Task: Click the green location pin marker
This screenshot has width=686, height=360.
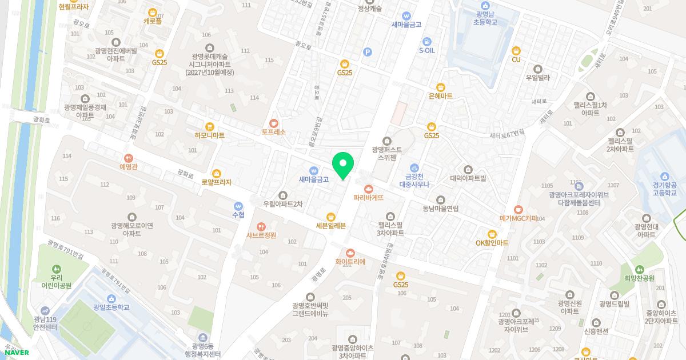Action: coord(343,165)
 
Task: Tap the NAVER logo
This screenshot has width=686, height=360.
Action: coord(16,353)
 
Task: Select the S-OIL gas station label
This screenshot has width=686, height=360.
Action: coord(427,50)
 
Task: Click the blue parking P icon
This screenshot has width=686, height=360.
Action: coord(368,52)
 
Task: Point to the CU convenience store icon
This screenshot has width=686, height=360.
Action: coord(516,59)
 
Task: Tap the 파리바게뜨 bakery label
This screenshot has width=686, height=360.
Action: coord(368,197)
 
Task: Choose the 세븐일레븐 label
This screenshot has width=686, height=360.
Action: coord(330,225)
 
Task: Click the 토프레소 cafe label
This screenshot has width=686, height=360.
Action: coord(273,132)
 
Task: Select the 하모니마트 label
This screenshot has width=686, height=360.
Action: coord(209,135)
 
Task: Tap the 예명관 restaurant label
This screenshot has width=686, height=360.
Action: coord(129,166)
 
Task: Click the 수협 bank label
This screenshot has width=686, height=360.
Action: coord(238,215)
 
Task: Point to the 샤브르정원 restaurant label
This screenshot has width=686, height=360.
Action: coord(261,235)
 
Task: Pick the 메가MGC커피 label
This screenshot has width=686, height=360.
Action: coord(519,218)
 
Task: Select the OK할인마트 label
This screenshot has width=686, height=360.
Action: coord(492,242)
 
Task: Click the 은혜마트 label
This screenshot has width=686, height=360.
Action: coord(440,96)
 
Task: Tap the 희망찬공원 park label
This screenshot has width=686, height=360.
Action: coord(640,278)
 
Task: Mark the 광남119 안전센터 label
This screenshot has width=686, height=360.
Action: coord(45,323)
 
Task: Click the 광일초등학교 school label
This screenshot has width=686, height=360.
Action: coord(111,307)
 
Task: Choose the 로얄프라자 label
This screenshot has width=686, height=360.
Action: coord(216,182)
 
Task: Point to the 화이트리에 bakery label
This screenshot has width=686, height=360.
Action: coord(350,262)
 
